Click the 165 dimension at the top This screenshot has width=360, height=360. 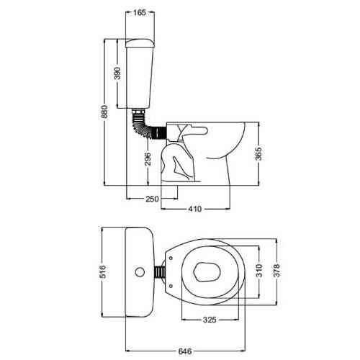click(140, 12)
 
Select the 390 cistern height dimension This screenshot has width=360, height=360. click(117, 73)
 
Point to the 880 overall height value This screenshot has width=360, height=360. click(104, 112)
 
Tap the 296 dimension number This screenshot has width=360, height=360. click(148, 159)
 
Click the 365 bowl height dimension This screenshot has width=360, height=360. click(258, 154)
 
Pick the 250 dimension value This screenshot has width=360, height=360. click(152, 199)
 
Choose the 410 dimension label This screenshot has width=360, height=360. click(195, 209)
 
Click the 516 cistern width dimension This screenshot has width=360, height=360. click(102, 271)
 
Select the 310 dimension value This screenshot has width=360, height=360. click(259, 271)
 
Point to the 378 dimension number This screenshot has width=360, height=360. click(276, 270)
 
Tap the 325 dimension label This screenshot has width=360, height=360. click(210, 320)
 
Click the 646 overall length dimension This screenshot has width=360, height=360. click(185, 351)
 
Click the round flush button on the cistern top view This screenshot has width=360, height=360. click(140, 272)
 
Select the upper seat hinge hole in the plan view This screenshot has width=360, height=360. click(171, 258)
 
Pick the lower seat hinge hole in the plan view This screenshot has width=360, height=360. click(171, 286)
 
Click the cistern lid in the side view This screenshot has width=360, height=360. click(140, 42)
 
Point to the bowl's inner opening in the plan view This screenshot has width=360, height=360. click(207, 271)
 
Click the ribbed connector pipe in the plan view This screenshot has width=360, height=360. click(160, 272)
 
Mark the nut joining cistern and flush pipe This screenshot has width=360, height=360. click(138, 111)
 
